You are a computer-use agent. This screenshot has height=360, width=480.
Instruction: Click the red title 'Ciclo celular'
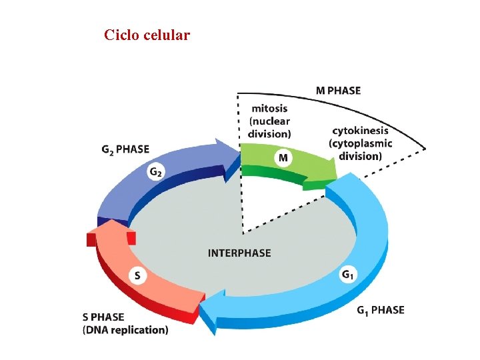[x=147, y=35]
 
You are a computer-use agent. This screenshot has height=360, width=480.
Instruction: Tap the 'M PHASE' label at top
[x=337, y=91]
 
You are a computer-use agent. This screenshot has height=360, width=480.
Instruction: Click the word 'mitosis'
[x=269, y=109]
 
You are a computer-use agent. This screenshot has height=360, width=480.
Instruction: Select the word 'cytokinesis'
[x=360, y=131]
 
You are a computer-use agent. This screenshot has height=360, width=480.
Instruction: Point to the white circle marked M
[x=283, y=158]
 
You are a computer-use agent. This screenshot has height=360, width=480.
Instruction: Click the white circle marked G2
[x=155, y=173]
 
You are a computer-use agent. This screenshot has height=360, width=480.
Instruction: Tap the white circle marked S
[x=137, y=275]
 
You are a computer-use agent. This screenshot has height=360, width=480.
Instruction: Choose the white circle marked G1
[x=348, y=274]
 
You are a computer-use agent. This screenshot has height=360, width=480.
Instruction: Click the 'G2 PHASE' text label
[x=125, y=149]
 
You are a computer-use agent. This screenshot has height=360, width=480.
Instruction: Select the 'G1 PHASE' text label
[x=380, y=310]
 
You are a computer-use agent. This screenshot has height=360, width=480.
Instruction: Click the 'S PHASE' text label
[x=103, y=317]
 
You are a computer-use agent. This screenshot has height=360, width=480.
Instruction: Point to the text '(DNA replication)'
[x=125, y=330]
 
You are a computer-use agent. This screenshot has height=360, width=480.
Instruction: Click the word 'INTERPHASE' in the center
[x=239, y=253]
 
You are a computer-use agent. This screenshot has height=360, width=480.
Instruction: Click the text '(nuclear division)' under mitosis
[x=269, y=127]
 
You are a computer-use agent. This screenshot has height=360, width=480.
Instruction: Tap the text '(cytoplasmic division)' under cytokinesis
[x=360, y=150]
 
